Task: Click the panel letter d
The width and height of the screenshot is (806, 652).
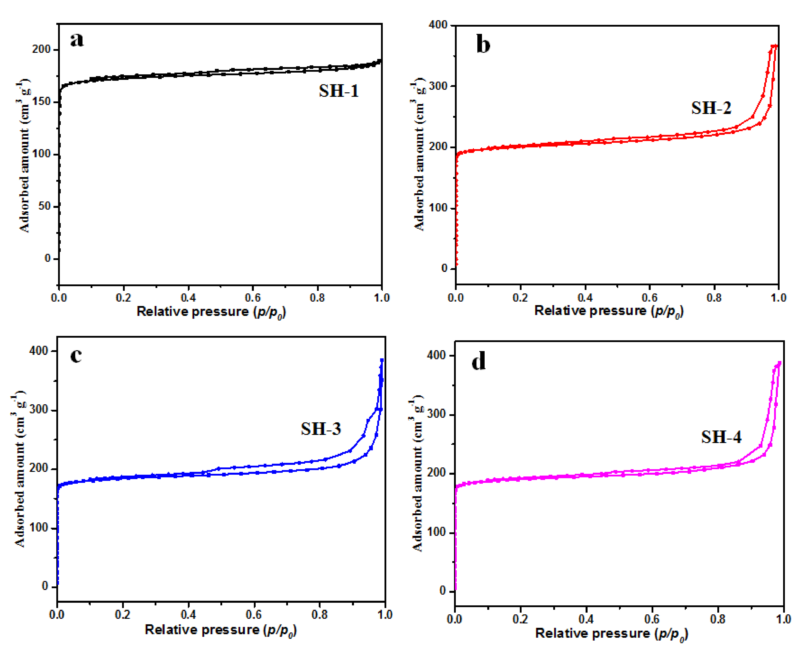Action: [478, 361]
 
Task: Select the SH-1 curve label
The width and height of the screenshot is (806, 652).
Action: [339, 91]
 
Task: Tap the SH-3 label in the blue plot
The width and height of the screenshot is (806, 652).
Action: [321, 429]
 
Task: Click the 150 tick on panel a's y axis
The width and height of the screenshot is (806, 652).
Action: [41, 102]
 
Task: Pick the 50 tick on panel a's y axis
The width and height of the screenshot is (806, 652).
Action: [44, 206]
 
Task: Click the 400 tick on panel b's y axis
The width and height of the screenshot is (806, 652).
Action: [438, 25]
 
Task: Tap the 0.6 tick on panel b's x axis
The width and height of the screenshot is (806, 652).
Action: [649, 298]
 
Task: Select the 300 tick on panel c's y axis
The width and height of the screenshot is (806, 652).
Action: [39, 410]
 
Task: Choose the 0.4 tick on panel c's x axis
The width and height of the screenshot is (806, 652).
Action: [188, 615]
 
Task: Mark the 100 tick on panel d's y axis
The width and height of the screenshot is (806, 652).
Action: [436, 532]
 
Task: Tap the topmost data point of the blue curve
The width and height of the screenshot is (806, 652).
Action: [382, 360]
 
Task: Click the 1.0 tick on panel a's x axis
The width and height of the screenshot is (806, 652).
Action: [382, 298]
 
